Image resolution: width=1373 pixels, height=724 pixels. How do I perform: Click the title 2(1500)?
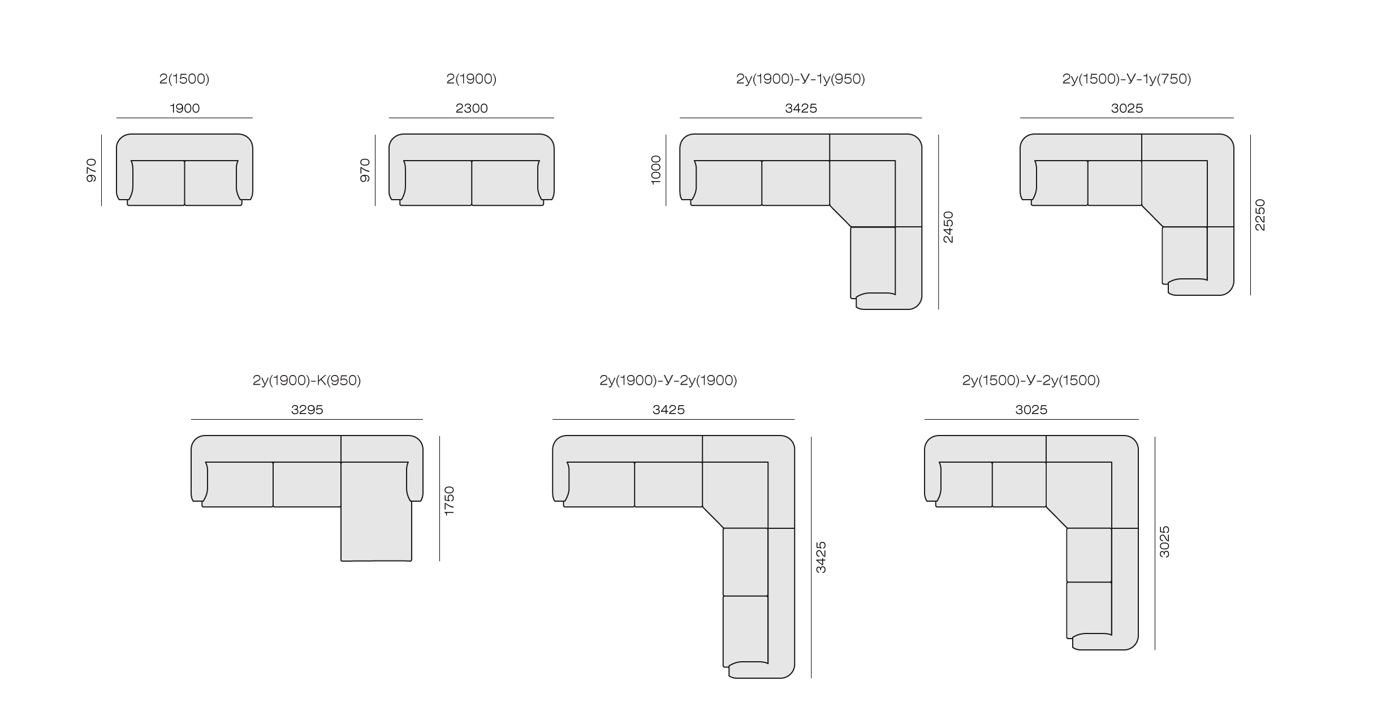(x=184, y=79)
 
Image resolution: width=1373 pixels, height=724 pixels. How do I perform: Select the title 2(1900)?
(x=472, y=79)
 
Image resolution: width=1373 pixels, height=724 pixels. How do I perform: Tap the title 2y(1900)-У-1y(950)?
(x=801, y=79)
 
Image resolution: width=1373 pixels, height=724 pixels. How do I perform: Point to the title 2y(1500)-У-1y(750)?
(x=1127, y=79)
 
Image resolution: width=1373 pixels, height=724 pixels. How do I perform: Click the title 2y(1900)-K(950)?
(x=306, y=380)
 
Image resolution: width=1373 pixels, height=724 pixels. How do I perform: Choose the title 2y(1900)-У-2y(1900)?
(x=668, y=380)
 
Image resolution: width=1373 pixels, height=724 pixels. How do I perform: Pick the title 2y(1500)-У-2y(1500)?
(x=1031, y=380)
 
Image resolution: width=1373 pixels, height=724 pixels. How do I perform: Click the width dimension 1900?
(x=185, y=108)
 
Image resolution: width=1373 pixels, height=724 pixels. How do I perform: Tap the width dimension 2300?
(x=472, y=108)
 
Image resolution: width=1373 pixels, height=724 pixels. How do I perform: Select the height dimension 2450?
(x=948, y=227)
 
